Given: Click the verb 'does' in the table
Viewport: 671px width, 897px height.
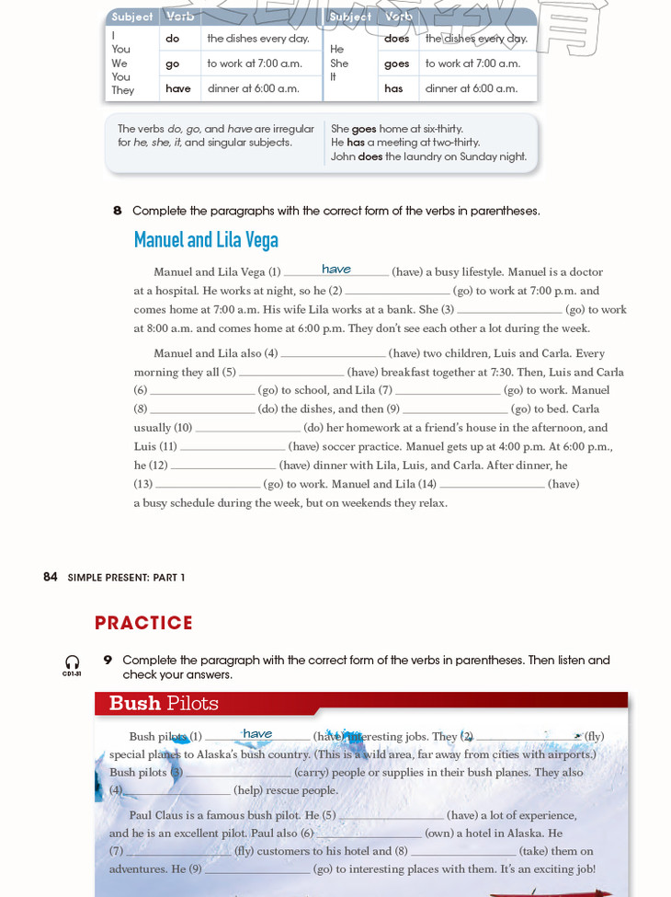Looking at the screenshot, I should [x=396, y=39].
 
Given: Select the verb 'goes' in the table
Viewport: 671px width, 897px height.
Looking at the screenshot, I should [x=396, y=63].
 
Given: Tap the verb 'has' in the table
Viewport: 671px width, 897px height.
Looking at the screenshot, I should [x=393, y=88].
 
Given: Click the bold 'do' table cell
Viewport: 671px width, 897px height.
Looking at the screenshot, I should [x=172, y=39].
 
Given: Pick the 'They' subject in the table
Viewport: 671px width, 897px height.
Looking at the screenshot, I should [x=122, y=90].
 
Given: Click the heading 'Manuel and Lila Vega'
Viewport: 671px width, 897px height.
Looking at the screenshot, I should [x=206, y=240].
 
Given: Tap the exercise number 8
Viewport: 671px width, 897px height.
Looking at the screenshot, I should [x=117, y=211].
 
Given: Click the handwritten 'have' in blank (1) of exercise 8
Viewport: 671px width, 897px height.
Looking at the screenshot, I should [x=336, y=269].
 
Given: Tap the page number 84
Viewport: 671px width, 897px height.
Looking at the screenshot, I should [x=50, y=577].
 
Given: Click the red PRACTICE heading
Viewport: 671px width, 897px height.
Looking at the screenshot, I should [x=143, y=623].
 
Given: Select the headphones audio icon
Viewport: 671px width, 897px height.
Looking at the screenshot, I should [x=72, y=662].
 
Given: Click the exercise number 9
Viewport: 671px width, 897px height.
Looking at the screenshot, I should [x=108, y=660].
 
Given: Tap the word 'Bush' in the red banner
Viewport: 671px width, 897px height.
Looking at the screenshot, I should [x=135, y=704].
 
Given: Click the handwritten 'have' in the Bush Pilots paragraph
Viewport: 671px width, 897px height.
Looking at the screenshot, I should [x=257, y=733].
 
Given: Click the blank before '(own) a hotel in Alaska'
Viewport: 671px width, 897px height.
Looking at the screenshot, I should [x=368, y=834].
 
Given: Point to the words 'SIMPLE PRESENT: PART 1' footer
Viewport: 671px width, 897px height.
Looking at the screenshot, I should [x=126, y=578].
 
